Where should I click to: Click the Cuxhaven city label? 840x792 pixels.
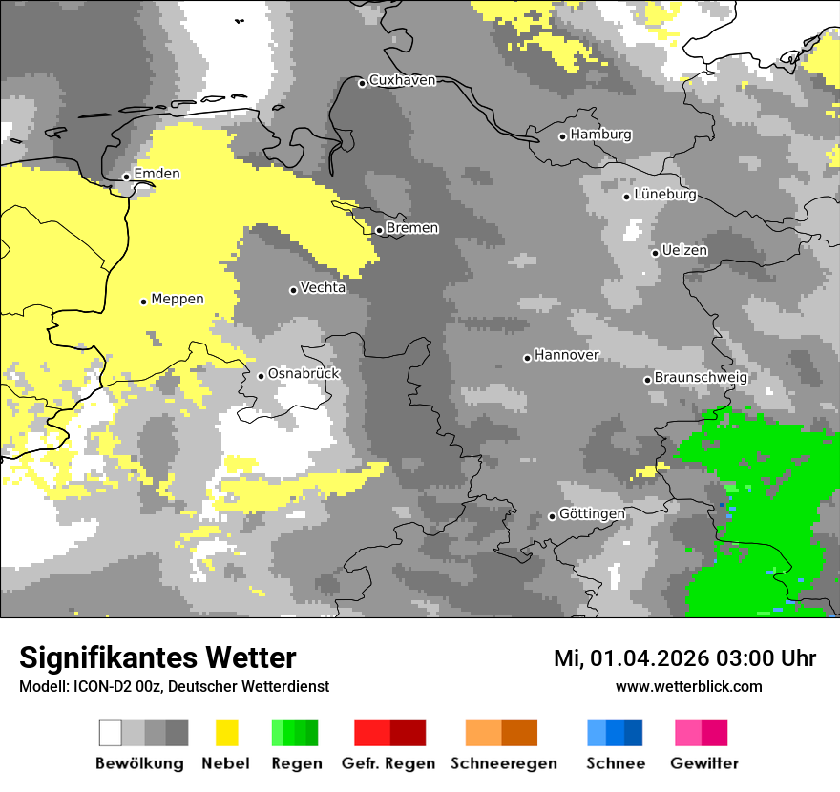coord(402,80)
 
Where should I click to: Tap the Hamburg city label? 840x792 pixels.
coord(600,135)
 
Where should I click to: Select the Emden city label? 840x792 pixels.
coord(157,174)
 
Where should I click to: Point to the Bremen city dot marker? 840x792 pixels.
coord(379,230)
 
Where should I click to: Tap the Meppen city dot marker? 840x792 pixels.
coord(143,302)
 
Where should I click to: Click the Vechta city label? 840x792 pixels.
coord(323,287)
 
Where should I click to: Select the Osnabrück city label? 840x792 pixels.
coord(304,373)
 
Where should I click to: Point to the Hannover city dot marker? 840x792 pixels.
coord(527,358)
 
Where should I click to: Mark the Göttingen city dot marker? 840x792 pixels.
coord(552,516)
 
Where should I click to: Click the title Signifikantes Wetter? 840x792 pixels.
coord(157,657)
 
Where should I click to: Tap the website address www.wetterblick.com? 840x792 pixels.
coord(688,686)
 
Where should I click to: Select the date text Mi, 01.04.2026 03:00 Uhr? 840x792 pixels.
coord(684,658)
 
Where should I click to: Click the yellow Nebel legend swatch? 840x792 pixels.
coord(227,733)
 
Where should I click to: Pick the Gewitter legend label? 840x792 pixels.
coord(704,763)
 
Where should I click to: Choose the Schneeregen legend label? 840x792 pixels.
coord(503,763)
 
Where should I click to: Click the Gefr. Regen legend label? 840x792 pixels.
coord(388,763)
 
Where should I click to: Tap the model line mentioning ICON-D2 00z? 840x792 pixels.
coord(174,686)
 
